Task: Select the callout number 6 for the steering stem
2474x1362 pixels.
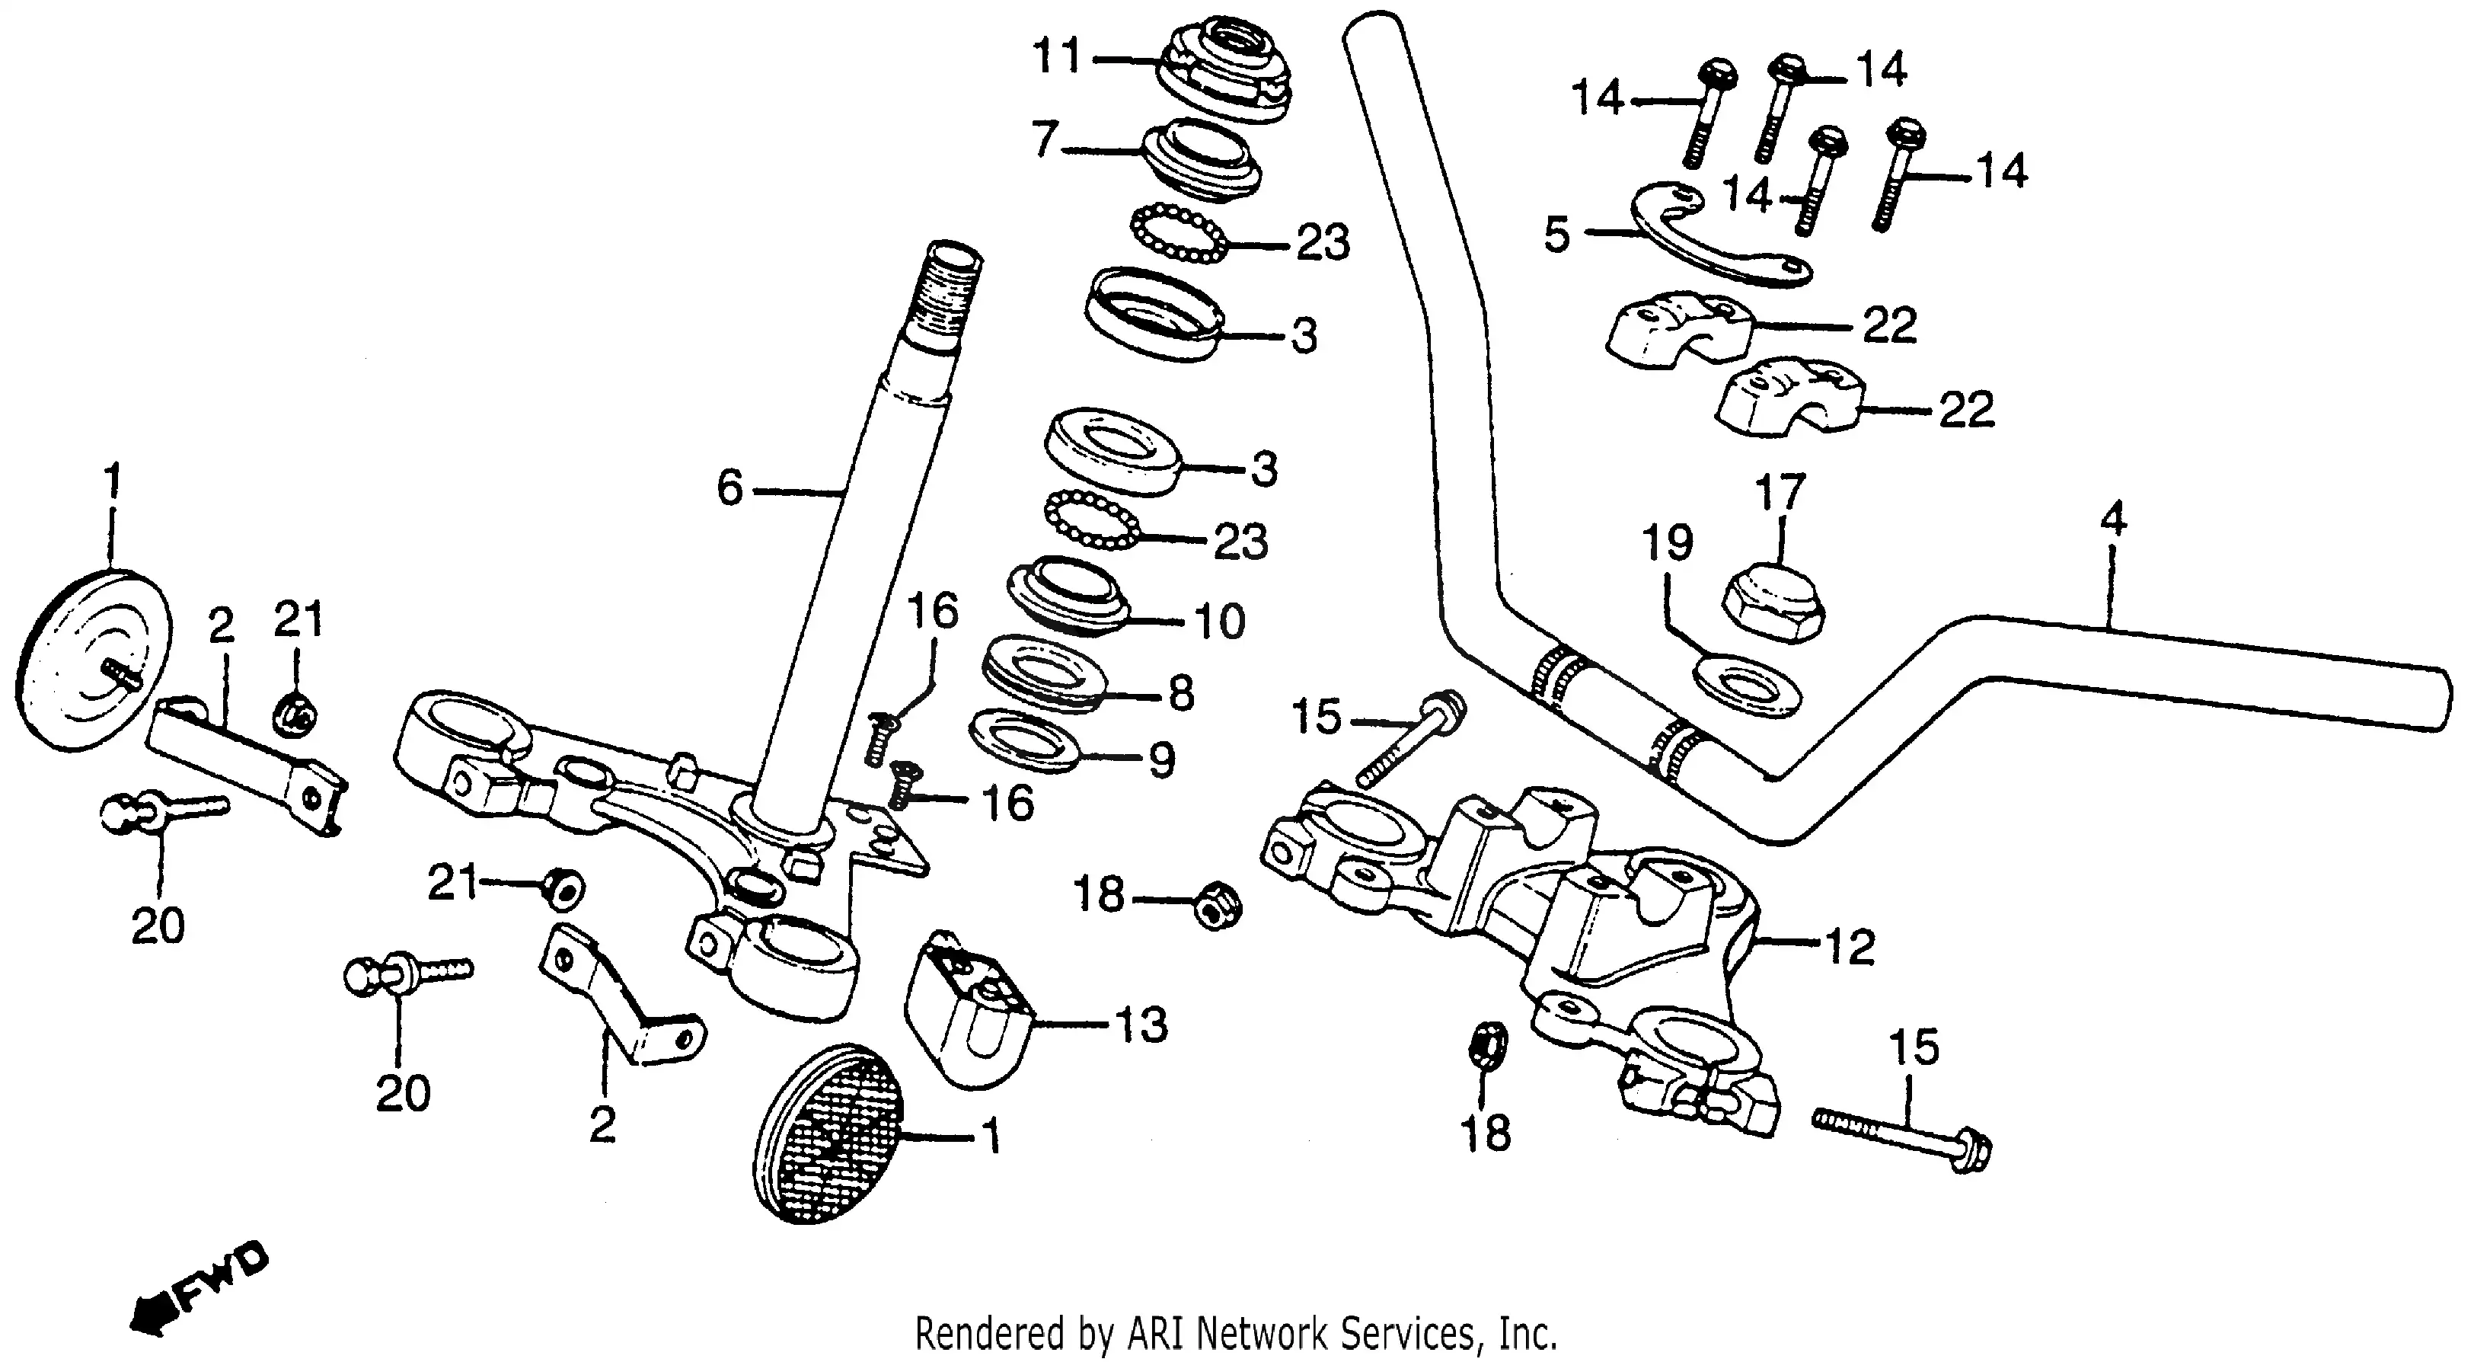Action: pyautogui.click(x=730, y=489)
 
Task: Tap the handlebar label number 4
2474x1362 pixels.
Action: pyautogui.click(x=2113, y=520)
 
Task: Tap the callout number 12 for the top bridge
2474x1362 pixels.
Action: pyautogui.click(x=1850, y=948)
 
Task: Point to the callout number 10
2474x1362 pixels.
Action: pyautogui.click(x=1220, y=622)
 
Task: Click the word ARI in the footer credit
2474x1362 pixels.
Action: pyautogui.click(x=1160, y=1334)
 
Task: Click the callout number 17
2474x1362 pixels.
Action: pyautogui.click(x=1780, y=492)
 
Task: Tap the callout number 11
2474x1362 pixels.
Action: pyautogui.click(x=1056, y=56)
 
